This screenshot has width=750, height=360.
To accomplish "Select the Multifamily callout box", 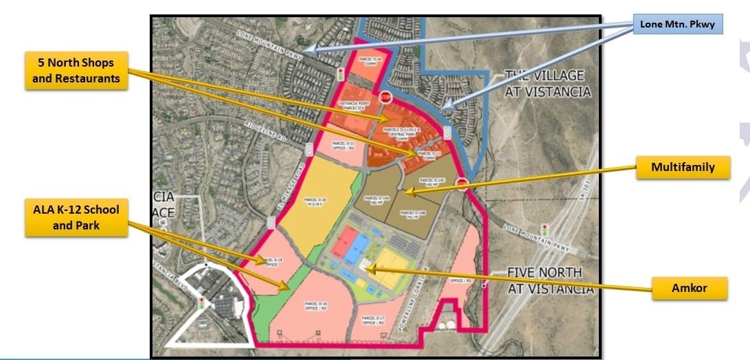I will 683,167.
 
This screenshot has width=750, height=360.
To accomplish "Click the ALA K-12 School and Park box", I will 77,216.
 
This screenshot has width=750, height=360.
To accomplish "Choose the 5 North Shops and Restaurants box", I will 76,71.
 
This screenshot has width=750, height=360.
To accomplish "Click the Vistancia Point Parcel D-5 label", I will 355,106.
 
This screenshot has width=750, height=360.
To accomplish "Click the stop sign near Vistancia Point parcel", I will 385,97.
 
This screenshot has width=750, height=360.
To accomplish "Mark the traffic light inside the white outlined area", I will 203,302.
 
